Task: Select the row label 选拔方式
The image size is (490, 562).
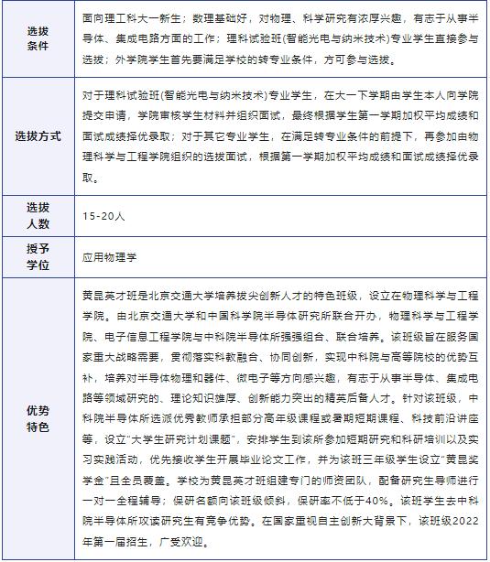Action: pyautogui.click(x=38, y=135)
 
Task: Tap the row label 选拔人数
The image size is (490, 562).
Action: pyautogui.click(x=38, y=216)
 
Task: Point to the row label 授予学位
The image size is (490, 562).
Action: pyautogui.click(x=38, y=257)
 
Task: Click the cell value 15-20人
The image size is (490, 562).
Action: pyautogui.click(x=103, y=217)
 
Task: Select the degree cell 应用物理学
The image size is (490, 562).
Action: pyautogui.click(x=109, y=258)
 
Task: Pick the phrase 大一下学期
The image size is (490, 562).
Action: pyautogui.click(x=353, y=94)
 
